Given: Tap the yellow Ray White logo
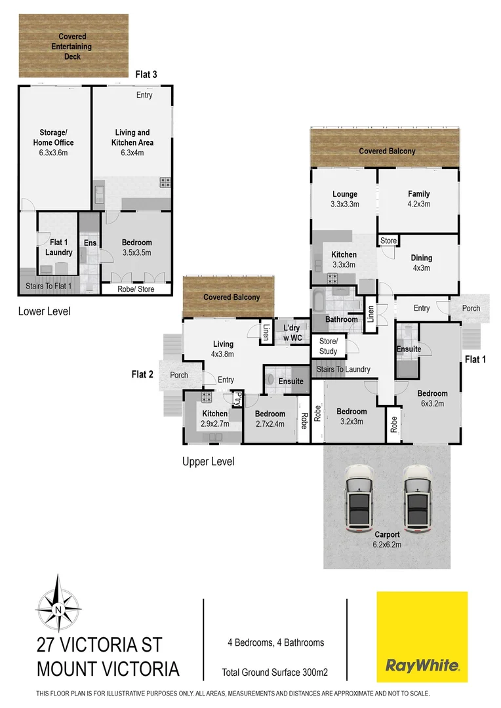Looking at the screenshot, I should pyautogui.click(x=422, y=637).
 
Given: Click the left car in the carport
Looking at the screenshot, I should pyautogui.click(x=359, y=498).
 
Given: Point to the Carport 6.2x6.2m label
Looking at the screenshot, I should pyautogui.click(x=387, y=540).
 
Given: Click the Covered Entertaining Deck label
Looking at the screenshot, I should pyautogui.click(x=72, y=47).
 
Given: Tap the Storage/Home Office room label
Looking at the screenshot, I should pyautogui.click(x=54, y=143).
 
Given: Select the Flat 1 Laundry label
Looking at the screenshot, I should pyautogui.click(x=58, y=248).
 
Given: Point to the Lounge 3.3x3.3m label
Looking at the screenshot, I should pyautogui.click(x=345, y=199).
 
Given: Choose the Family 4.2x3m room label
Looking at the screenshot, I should pyautogui.click(x=418, y=199).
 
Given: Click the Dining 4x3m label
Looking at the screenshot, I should pyautogui.click(x=421, y=263).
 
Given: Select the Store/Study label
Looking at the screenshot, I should pyautogui.click(x=329, y=346).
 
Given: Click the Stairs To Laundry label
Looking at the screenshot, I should pyautogui.click(x=344, y=369).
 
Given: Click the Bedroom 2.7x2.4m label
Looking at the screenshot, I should pyautogui.click(x=270, y=419).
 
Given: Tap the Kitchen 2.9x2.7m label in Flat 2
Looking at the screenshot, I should pyautogui.click(x=214, y=419).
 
